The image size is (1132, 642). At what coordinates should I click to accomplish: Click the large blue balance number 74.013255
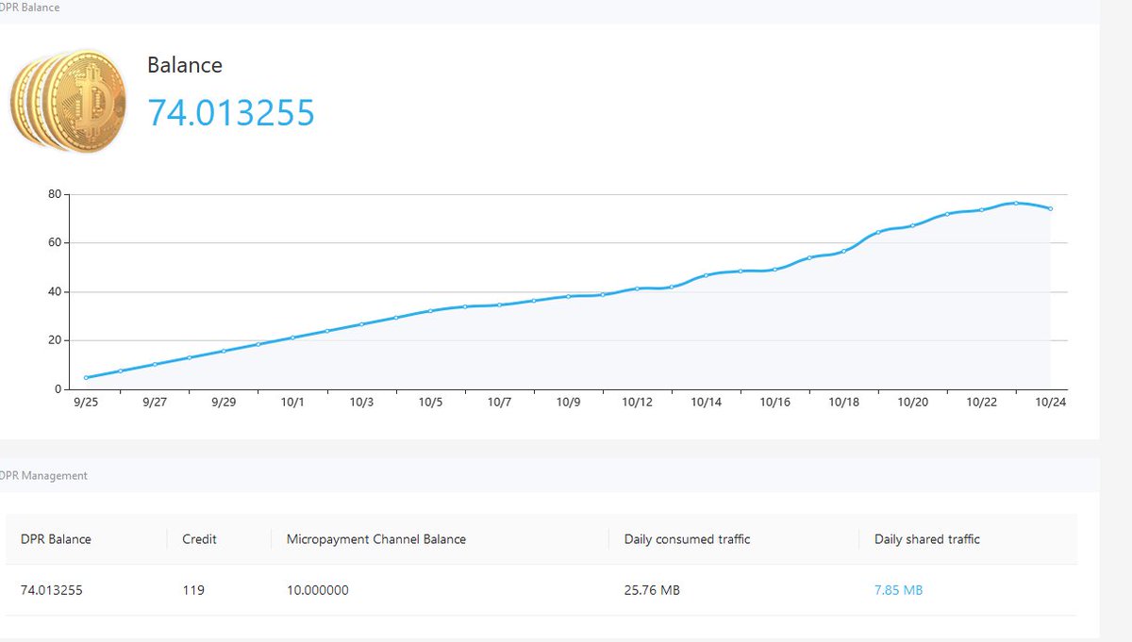[x=231, y=112]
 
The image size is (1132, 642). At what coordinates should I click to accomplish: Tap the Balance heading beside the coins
[x=185, y=65]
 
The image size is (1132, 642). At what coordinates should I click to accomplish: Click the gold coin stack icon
[x=68, y=101]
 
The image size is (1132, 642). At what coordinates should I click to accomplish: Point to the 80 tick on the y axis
[x=55, y=194]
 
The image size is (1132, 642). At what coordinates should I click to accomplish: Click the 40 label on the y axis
[x=55, y=291]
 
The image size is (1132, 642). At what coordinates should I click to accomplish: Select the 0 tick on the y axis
[x=58, y=389]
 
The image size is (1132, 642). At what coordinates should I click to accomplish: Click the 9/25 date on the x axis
[x=86, y=402]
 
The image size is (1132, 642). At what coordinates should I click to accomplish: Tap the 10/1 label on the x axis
[x=292, y=402]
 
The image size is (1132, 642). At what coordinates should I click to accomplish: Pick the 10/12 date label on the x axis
[x=638, y=402]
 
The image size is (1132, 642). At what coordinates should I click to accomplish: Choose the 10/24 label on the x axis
[x=1051, y=402]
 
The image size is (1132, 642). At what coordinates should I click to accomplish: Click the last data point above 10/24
[x=1051, y=208]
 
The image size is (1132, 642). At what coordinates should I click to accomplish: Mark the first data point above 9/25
[x=86, y=377]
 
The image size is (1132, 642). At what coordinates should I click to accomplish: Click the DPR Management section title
[x=43, y=475]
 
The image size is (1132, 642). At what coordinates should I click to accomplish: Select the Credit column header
[x=199, y=539]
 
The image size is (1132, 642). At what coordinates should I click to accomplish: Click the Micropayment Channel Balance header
[x=376, y=539]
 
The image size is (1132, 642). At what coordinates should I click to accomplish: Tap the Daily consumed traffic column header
[x=687, y=539]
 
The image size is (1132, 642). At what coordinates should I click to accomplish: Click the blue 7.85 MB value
[x=898, y=590]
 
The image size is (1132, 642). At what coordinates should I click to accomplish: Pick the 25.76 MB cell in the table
[x=652, y=590]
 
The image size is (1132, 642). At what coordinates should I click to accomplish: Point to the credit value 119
[x=193, y=590]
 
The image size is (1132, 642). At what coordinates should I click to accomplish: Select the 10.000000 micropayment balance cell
[x=318, y=590]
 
